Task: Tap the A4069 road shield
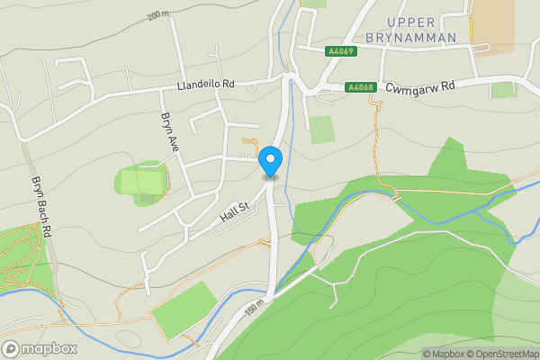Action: pyautogui.click(x=342, y=51)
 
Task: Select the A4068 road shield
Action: pyautogui.click(x=360, y=87)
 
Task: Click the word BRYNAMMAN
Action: pyautogui.click(x=412, y=37)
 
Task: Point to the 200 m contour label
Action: pyautogui.click(x=159, y=16)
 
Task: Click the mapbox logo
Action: pyautogui.click(x=40, y=348)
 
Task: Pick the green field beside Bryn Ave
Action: pyautogui.click(x=142, y=182)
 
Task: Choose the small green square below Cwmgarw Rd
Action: pyautogui.click(x=504, y=90)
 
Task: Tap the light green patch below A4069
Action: pyautogui.click(x=322, y=129)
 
